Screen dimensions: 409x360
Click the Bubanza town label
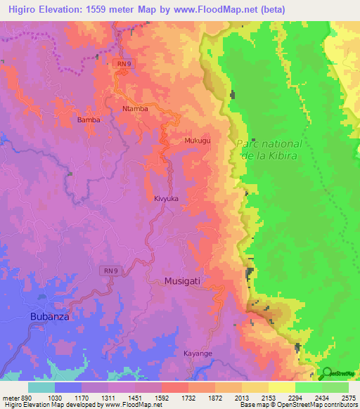(x=50, y=317)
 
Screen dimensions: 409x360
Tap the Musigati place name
(x=182, y=280)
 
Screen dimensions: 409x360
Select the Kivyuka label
(x=166, y=199)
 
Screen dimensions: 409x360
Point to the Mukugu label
(x=198, y=141)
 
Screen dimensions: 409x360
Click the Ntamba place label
(x=135, y=109)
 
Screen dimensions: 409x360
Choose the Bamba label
(x=88, y=120)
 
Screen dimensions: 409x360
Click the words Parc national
(x=269, y=143)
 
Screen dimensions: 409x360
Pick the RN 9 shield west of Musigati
(x=110, y=270)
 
